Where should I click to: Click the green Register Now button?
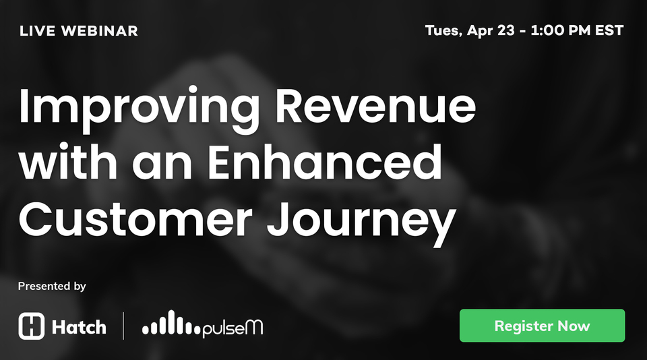point(542,326)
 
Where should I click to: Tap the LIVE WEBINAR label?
point(79,31)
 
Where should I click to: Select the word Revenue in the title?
point(376,106)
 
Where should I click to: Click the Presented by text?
point(52,286)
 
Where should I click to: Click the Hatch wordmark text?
point(79,328)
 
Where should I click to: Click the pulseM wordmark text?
point(233,328)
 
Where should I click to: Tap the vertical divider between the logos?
point(123,326)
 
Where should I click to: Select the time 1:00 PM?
point(563,31)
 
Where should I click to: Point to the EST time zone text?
point(609,31)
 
